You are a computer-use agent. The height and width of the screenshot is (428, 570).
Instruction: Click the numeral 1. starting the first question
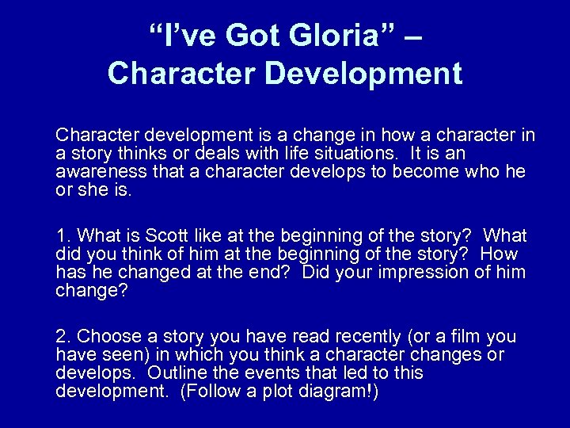tap(63, 236)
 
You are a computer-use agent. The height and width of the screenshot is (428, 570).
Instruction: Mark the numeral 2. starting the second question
tap(63, 335)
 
